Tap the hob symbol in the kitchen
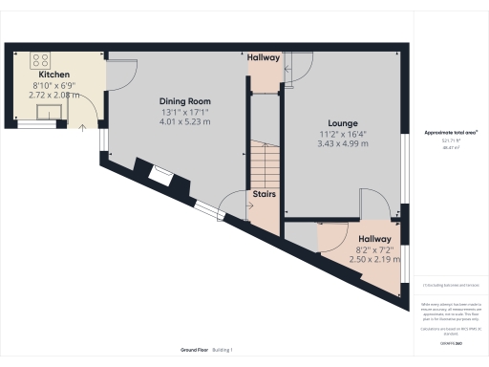pyautogui.click(x=43, y=60)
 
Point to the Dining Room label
pyautogui.click(x=183, y=101)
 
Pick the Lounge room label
pyautogui.click(x=342, y=123)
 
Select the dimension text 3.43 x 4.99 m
pyautogui.click(x=342, y=143)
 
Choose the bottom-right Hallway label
pyautogui.click(x=374, y=239)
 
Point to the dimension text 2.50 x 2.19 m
pyautogui.click(x=373, y=259)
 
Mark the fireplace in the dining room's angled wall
pyautogui.click(x=160, y=175)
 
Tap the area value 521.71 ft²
pyautogui.click(x=450, y=141)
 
